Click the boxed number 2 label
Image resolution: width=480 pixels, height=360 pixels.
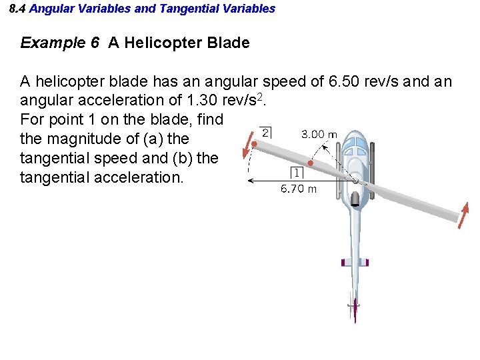[265, 132]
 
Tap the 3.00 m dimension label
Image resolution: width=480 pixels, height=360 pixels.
[319, 134]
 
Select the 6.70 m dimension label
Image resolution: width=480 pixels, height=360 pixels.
[298, 189]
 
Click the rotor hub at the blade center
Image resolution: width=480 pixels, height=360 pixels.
[357, 180]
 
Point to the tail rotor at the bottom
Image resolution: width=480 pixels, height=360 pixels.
[355, 308]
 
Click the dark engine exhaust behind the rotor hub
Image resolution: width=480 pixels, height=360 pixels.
[357, 198]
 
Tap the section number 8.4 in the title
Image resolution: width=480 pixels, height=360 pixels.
[18, 9]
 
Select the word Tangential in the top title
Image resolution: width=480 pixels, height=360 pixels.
[184, 9]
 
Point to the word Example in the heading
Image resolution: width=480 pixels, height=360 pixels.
[53, 43]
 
